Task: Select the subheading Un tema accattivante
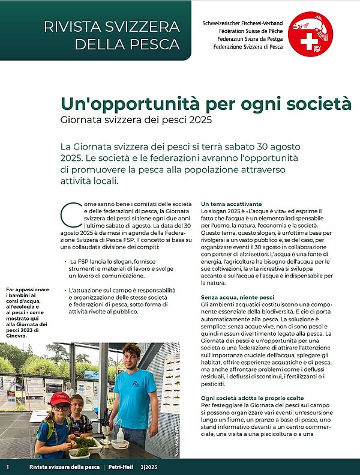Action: pyautogui.click(x=231, y=204)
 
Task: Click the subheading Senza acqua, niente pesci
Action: pyautogui.click(x=238, y=297)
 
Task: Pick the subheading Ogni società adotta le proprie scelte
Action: pyautogui.click(x=252, y=398)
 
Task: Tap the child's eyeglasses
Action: pyautogui.click(x=60, y=408)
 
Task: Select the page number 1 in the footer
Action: pyautogui.click(x=7, y=467)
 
